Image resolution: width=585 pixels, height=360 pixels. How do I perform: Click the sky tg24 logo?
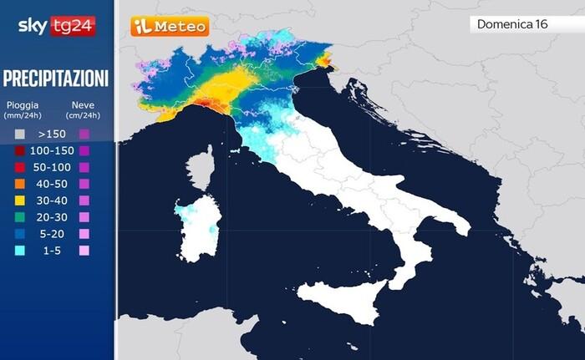click(57, 26)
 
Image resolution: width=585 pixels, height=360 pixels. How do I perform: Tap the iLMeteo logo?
click(170, 27)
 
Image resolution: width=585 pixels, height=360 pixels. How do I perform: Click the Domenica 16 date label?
click(512, 24)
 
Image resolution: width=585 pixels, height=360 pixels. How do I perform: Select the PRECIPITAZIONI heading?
click(56, 79)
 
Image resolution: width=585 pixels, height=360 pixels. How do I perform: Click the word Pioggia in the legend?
click(23, 105)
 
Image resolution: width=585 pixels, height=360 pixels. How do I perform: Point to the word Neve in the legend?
click(83, 105)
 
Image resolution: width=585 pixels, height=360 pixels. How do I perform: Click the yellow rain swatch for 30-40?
click(18, 200)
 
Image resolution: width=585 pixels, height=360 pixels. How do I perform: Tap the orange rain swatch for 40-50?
click(18, 184)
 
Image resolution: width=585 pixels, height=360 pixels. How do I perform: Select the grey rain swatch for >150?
click(18, 134)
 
